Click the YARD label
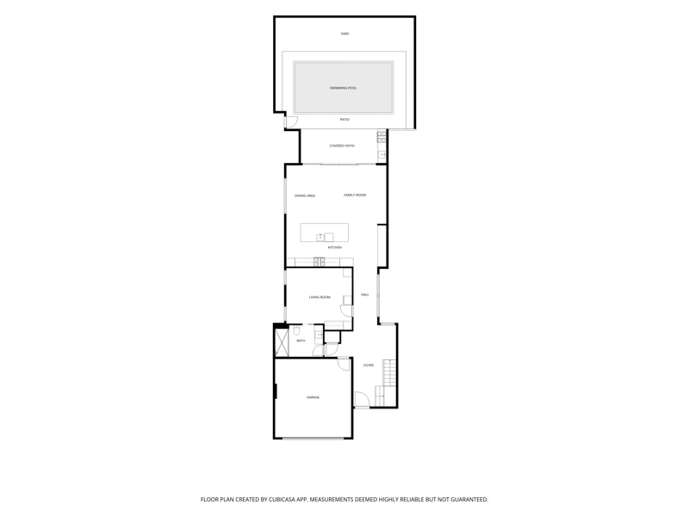[x=344, y=34]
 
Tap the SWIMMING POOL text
[x=343, y=89]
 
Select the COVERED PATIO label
[x=342, y=146]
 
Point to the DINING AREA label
[x=305, y=196]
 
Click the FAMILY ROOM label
[x=355, y=196]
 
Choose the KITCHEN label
[x=334, y=248]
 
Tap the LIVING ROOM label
[x=320, y=297]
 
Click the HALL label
[x=364, y=295]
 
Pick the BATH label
[x=301, y=341]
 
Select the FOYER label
[x=369, y=365]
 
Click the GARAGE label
[x=313, y=398]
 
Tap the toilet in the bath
[x=296, y=329]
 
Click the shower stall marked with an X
[x=281, y=342]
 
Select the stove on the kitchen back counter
[x=320, y=262]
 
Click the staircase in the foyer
[x=385, y=383]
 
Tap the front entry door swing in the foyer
[x=362, y=399]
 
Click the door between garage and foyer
[x=344, y=364]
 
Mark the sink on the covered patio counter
[x=382, y=155]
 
